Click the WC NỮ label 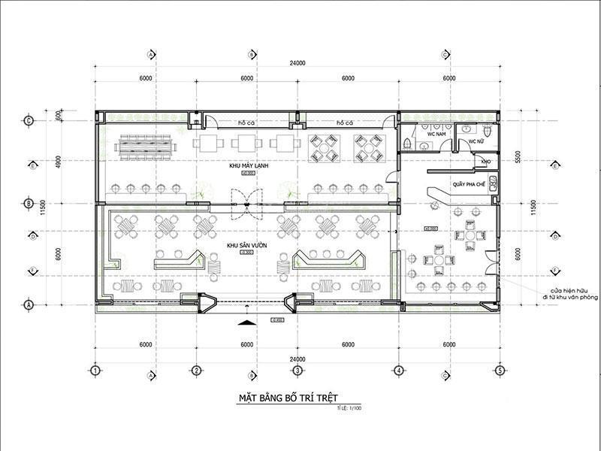point(476,141)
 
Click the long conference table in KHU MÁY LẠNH point(145,145)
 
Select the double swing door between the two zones point(245,202)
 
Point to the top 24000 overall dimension point(297,64)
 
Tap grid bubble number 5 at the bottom point(499,370)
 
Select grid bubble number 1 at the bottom point(95,370)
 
